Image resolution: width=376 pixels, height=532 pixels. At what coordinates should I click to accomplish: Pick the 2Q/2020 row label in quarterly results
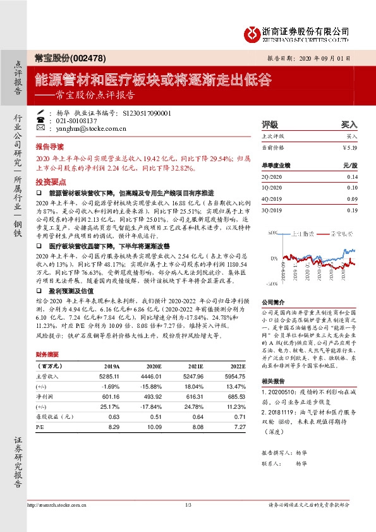click(x=273, y=177)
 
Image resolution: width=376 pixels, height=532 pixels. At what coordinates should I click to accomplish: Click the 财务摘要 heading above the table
click(x=47, y=354)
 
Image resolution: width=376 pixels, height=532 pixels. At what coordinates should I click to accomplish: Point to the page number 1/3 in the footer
click(x=188, y=505)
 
